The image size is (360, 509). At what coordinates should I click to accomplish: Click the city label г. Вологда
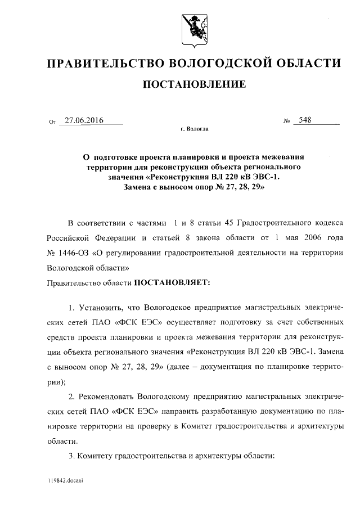[195, 129]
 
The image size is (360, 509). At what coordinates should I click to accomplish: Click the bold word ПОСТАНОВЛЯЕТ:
[171, 282]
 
